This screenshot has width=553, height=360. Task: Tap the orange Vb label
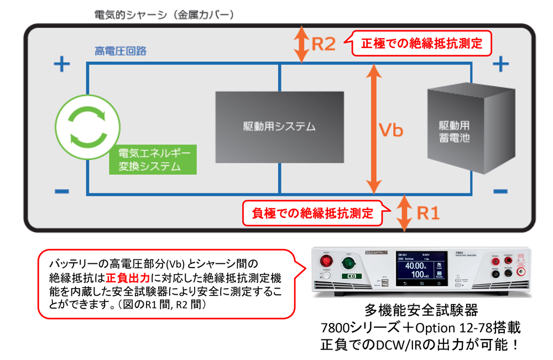pos(390,131)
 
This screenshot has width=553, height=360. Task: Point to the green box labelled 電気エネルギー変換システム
pos(153,160)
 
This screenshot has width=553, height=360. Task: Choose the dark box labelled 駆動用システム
pos(279,127)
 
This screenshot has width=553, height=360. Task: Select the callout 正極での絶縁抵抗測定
pos(421,44)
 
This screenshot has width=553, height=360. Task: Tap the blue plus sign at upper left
pos(61,65)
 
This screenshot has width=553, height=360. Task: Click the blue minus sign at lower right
pos(500,191)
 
